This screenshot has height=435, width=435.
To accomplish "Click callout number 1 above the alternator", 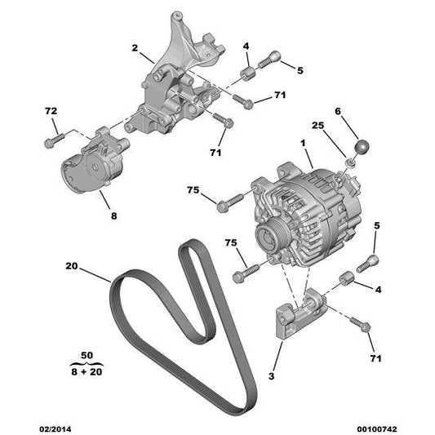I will [x=304, y=143].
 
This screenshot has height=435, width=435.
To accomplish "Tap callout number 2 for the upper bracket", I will [x=135, y=49].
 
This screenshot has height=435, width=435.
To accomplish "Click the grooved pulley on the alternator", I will [x=269, y=239].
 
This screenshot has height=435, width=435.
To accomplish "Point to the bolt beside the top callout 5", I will [x=269, y=60].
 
